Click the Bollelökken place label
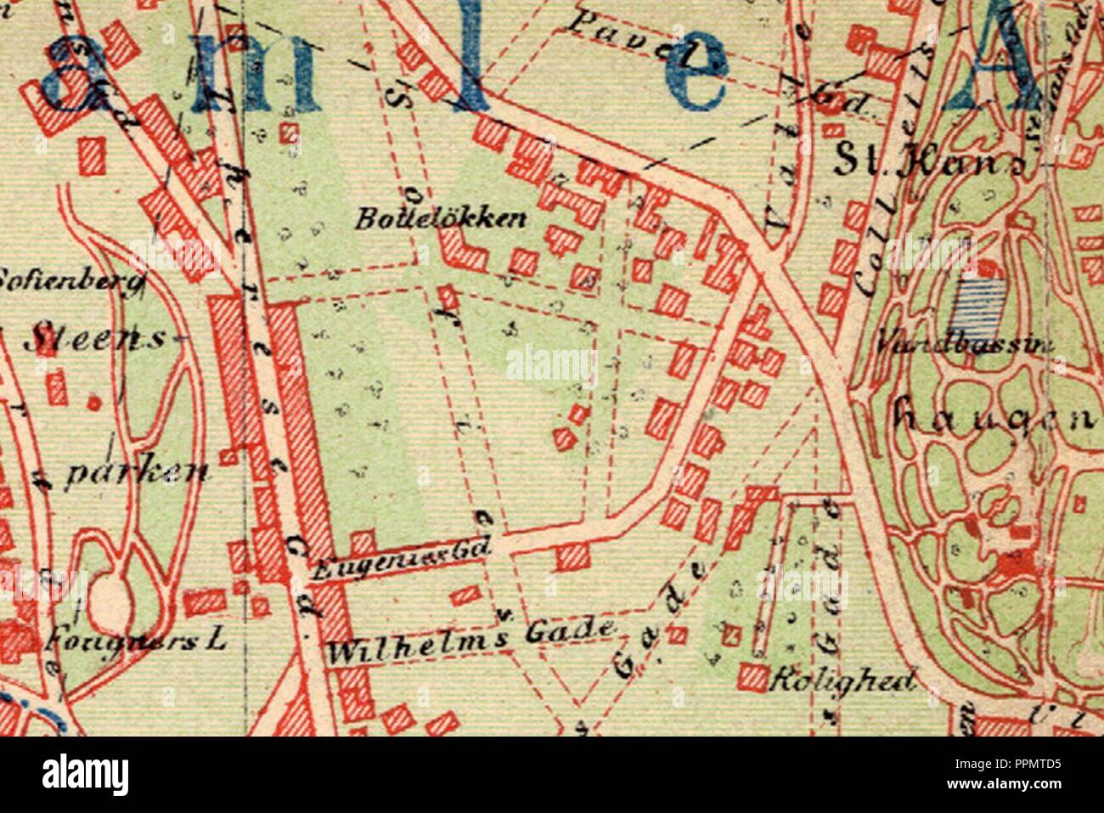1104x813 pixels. (x=440, y=219)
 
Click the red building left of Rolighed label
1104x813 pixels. (x=751, y=675)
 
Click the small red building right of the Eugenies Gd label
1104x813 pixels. (x=572, y=556)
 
